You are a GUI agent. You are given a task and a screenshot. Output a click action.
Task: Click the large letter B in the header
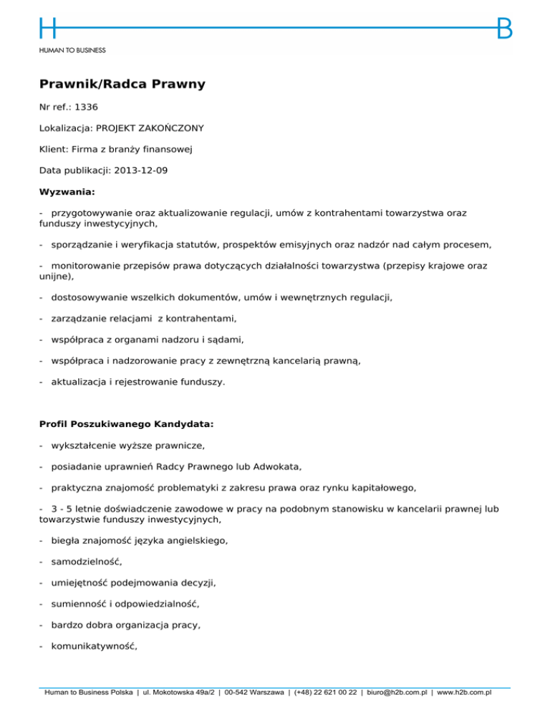pos(504,29)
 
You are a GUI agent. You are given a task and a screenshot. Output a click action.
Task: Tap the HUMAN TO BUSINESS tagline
pos(72,51)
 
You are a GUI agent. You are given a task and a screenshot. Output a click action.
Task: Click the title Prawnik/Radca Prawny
pos(122,85)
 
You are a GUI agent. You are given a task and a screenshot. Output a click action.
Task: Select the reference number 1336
pos(86,107)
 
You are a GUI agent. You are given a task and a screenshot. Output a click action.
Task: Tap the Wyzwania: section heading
pos(67,192)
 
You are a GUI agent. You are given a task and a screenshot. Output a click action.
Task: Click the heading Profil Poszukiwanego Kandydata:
pos(126,424)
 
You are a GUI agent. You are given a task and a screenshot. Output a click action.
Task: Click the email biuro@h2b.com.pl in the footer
pos(394,693)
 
